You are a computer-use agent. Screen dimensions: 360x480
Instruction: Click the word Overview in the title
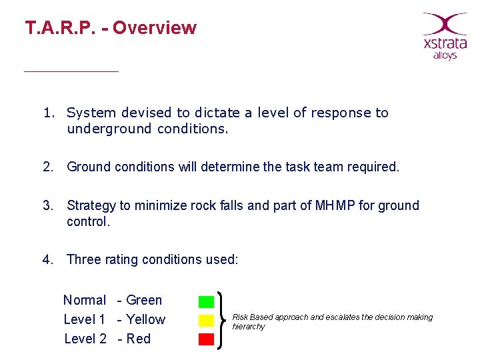[155, 28]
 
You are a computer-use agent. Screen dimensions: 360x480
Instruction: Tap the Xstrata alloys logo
[445, 36]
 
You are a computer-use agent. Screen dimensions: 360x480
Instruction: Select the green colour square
[206, 301]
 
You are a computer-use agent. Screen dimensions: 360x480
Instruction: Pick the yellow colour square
[206, 321]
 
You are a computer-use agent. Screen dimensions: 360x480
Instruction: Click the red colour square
[206, 339]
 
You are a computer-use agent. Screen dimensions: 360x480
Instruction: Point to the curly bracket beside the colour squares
[222, 320]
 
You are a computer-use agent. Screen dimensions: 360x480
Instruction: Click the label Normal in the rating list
[85, 301]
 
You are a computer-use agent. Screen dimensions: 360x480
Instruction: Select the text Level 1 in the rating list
[85, 320]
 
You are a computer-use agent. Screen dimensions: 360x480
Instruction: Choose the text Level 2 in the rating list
[85, 339]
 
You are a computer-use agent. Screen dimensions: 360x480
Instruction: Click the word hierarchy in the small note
[249, 327]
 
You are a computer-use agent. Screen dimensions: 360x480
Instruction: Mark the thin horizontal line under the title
[71, 71]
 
